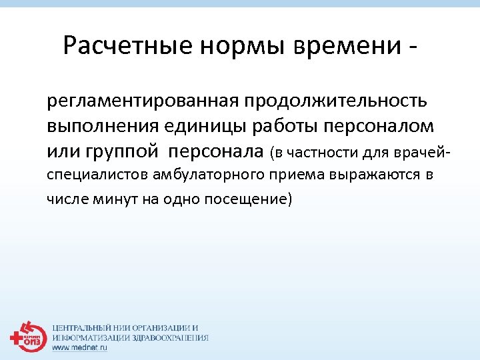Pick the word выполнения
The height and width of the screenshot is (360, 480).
97,126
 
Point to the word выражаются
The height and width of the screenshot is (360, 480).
381,175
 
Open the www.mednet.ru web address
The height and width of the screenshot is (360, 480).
79,347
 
